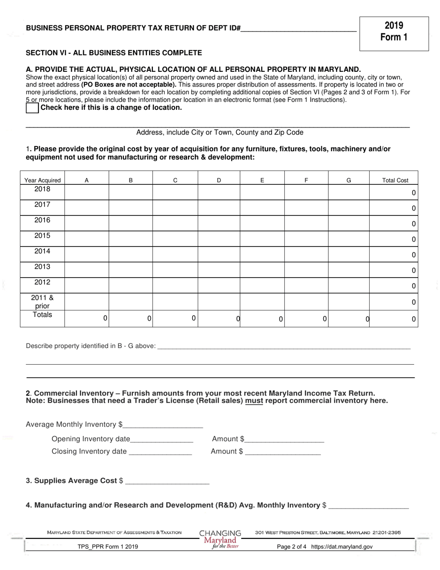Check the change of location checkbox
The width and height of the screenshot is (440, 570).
[x=32, y=108]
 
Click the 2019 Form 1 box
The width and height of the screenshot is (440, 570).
[x=394, y=32]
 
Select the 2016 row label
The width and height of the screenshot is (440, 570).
[x=42, y=221]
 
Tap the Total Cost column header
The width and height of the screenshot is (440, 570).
[x=395, y=181]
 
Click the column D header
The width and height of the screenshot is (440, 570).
[x=219, y=181]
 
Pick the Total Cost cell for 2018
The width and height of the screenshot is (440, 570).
[x=394, y=192]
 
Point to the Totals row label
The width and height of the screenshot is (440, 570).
[x=42, y=315]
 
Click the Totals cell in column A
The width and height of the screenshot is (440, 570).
[x=87, y=318]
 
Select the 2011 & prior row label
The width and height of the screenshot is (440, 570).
[x=42, y=302]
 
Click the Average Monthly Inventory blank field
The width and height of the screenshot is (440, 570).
[x=163, y=425]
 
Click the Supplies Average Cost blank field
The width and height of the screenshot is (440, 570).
[x=167, y=481]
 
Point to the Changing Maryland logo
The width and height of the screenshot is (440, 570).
[x=220, y=539]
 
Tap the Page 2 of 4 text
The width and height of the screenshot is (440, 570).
[x=292, y=547]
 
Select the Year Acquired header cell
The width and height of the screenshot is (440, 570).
[x=42, y=181]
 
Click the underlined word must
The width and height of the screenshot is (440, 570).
[x=254, y=401]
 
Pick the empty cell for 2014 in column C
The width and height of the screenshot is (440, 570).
[x=175, y=254]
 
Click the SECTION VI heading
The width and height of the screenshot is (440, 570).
[x=114, y=53]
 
